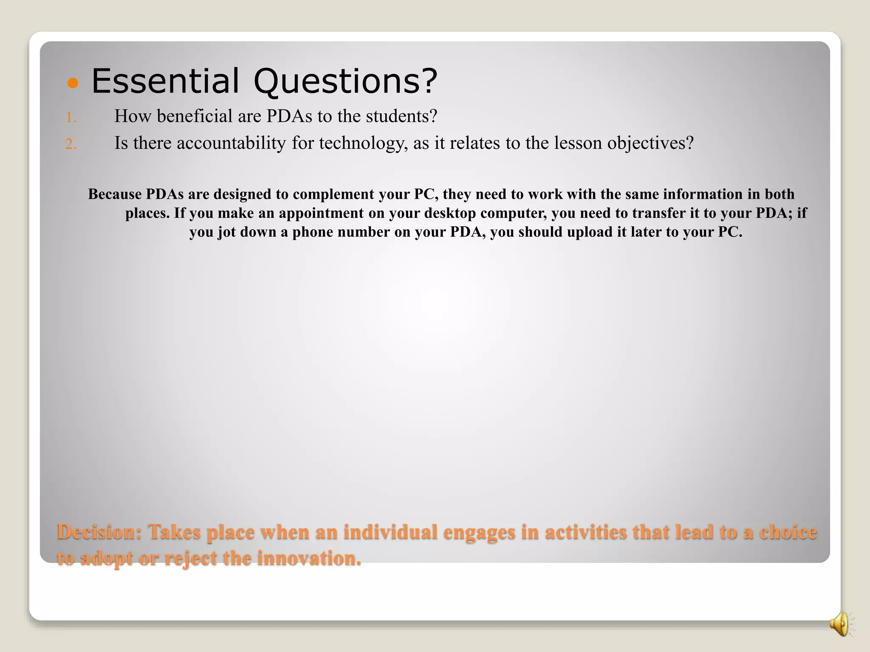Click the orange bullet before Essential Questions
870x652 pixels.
coord(73,83)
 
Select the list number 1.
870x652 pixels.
coord(71,118)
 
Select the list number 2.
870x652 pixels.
coord(71,145)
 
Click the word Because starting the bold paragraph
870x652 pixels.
coord(115,194)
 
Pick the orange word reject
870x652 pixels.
coord(190,558)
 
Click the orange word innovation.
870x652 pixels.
coord(309,558)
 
